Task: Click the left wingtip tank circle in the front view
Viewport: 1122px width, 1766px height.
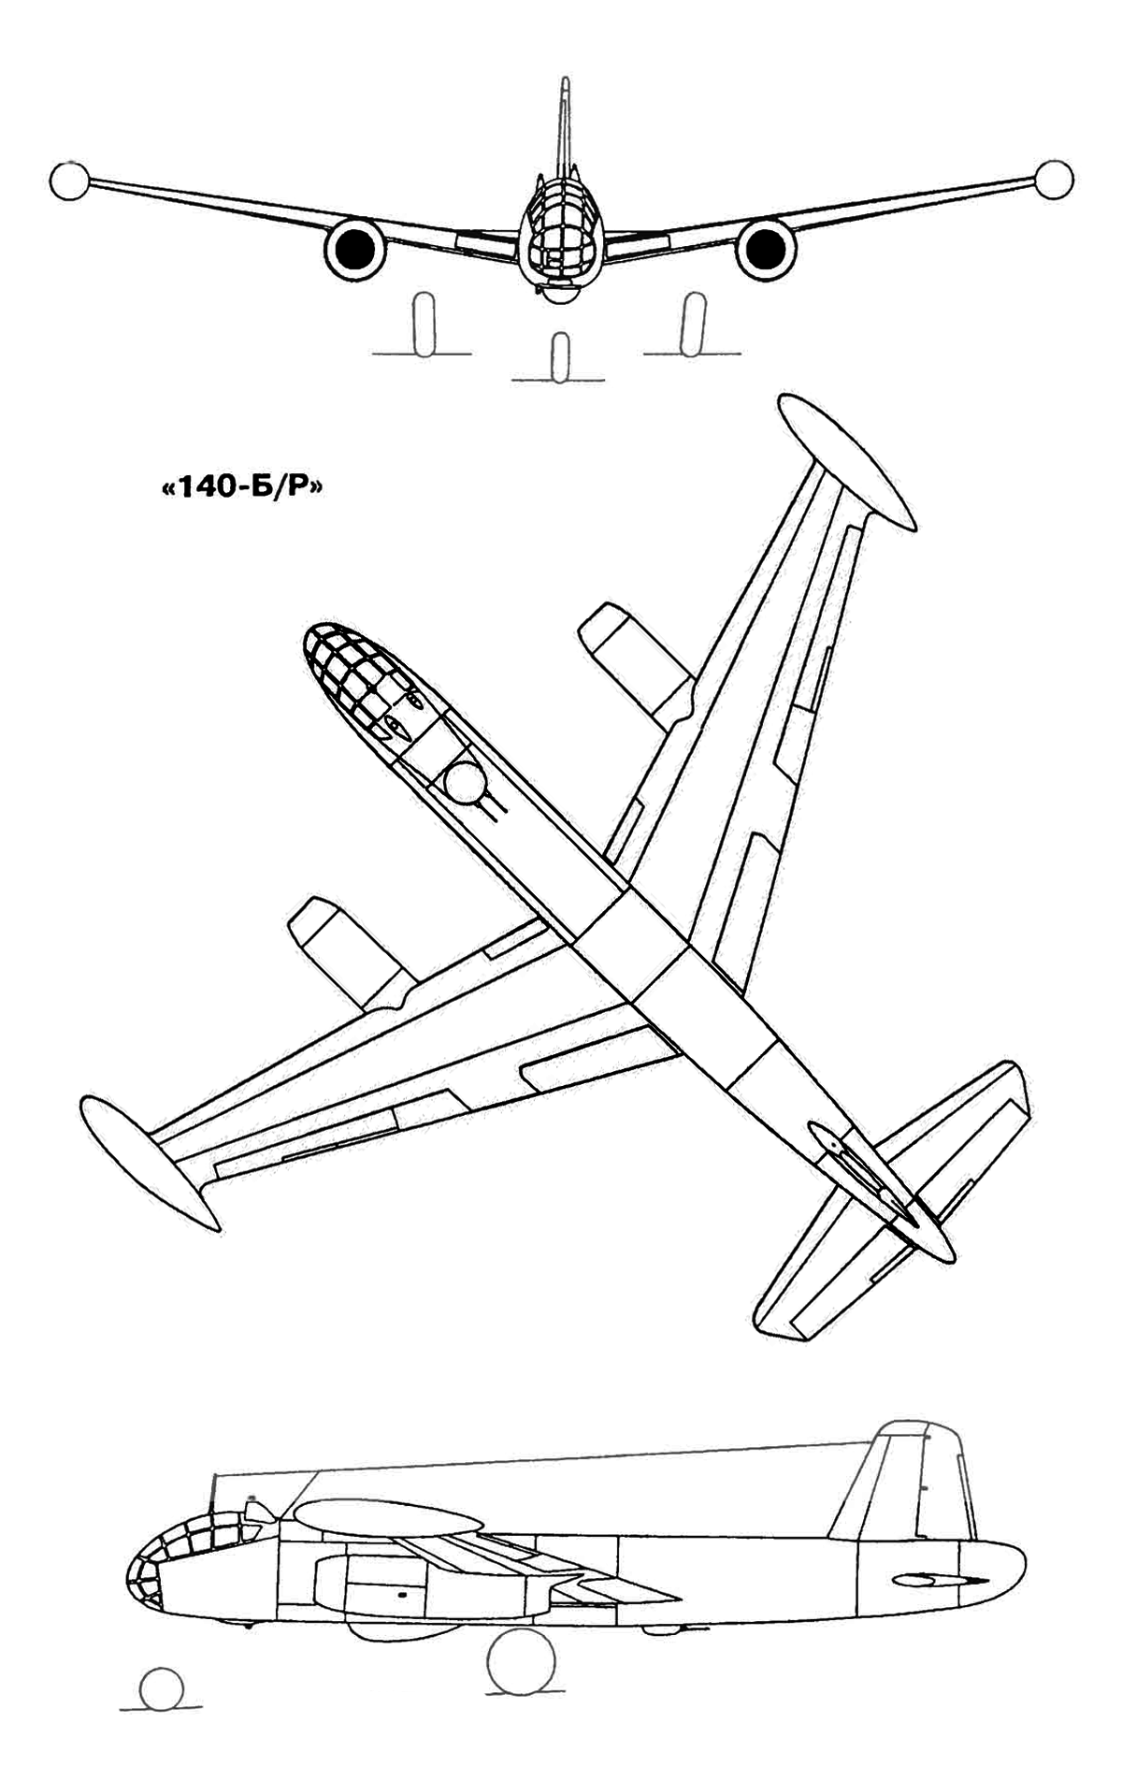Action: pyautogui.click(x=68, y=181)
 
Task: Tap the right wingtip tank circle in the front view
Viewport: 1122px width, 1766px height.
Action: pyautogui.click(x=1055, y=178)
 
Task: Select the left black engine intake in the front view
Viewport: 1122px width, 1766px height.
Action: pyautogui.click(x=355, y=250)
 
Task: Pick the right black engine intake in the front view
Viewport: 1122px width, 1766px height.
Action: pyautogui.click(x=766, y=248)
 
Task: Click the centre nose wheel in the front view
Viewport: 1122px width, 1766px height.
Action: pyautogui.click(x=559, y=358)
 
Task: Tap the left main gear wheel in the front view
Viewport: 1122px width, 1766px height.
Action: pyautogui.click(x=424, y=325)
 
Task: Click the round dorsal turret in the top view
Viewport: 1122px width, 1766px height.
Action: pyautogui.click(x=464, y=781)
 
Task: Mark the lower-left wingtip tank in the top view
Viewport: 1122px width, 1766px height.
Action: pyautogui.click(x=151, y=1163)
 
